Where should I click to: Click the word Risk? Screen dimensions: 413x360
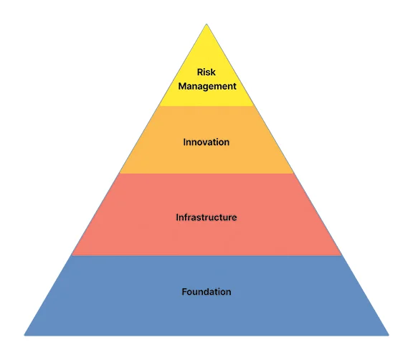(x=206, y=72)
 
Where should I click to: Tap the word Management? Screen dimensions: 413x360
(x=207, y=86)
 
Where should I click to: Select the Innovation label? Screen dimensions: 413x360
(x=206, y=142)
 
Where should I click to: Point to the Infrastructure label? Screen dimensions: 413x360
(x=206, y=217)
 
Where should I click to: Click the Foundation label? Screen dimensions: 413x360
(x=206, y=292)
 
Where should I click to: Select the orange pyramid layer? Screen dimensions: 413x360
(x=206, y=140)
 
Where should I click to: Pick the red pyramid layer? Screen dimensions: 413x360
(x=206, y=214)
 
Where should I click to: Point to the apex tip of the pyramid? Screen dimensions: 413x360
(x=206, y=24)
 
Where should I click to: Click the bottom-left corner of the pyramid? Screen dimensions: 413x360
(x=24, y=336)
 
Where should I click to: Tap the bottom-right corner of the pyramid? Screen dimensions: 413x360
(x=389, y=336)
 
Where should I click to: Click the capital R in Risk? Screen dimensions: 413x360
(x=200, y=72)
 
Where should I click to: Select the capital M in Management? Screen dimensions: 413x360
(x=182, y=86)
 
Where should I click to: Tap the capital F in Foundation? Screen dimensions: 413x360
(x=184, y=292)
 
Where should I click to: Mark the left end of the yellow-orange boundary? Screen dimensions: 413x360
(x=159, y=106)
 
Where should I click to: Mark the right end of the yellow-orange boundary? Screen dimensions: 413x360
(x=254, y=106)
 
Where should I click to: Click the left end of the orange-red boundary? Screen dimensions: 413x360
(x=119, y=174)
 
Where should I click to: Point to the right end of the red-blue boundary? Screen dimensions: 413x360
(x=342, y=256)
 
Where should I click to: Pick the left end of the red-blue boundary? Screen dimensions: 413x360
(x=72, y=256)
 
